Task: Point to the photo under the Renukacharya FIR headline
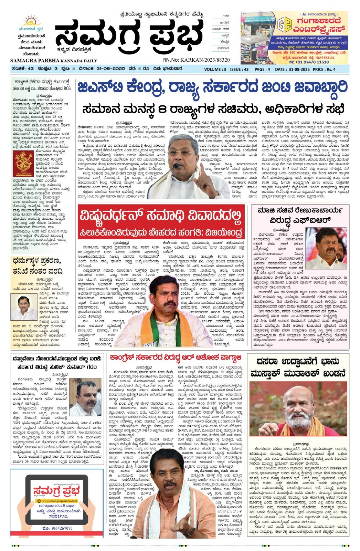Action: pyautogui.click(x=326, y=248)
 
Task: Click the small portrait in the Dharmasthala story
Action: pyautogui.click(x=24, y=307)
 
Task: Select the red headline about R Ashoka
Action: pyautogui.click(x=176, y=357)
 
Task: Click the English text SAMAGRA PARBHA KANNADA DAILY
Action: pyautogui.click(x=54, y=61)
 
